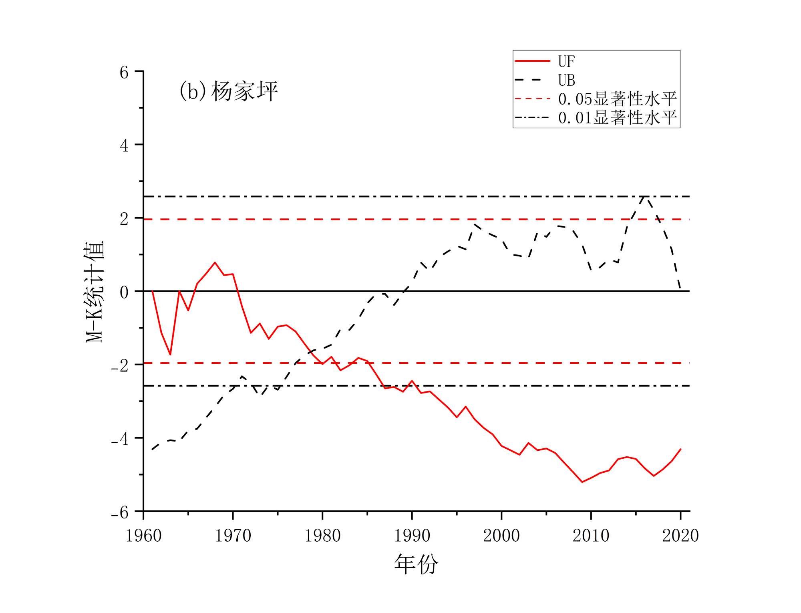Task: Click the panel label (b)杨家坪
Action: point(228,91)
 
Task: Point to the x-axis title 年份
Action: point(416,564)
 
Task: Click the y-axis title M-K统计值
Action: point(95,291)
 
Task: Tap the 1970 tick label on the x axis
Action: point(233,536)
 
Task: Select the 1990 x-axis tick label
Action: point(412,536)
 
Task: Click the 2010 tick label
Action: point(591,536)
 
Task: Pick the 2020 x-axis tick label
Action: point(680,536)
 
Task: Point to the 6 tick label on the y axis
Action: point(124,73)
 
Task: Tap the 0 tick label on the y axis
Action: point(124,292)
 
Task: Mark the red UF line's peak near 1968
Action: point(215,262)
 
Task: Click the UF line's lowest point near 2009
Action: point(582,482)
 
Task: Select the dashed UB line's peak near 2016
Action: point(644,196)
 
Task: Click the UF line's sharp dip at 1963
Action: point(170,355)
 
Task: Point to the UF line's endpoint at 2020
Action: point(680,449)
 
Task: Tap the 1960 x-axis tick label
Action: point(143,536)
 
